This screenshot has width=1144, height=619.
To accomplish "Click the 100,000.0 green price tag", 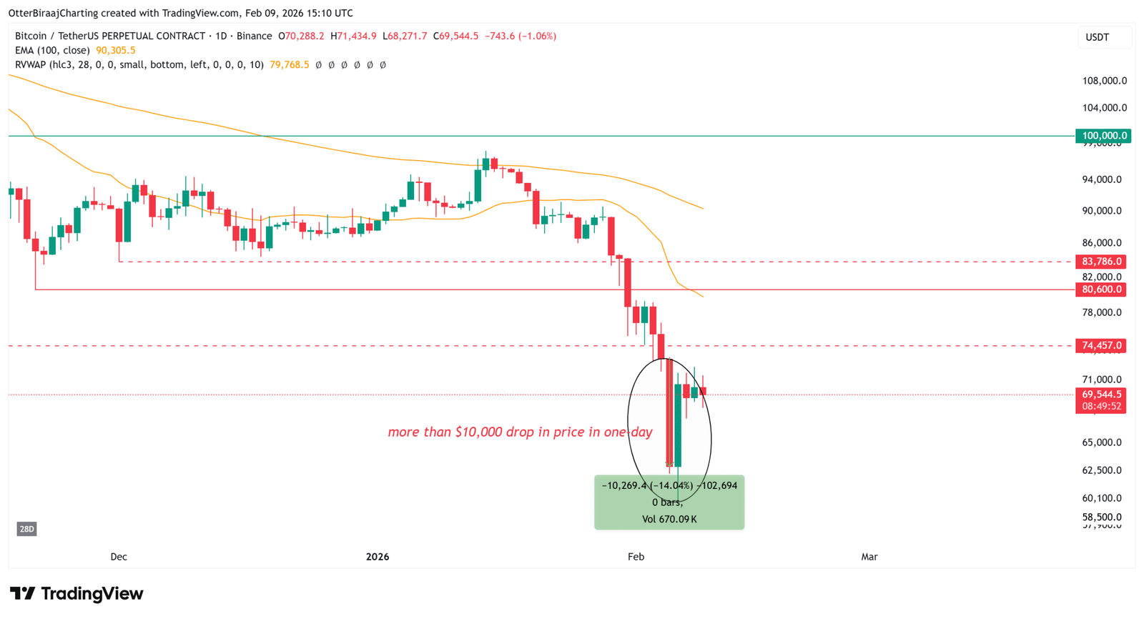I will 1103,136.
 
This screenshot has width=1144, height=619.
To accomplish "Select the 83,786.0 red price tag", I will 1102,262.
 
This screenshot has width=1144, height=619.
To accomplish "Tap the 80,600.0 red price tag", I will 1102,289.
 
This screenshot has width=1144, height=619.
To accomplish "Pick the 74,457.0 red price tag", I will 1102,346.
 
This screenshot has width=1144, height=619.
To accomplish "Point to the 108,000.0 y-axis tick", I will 1104,81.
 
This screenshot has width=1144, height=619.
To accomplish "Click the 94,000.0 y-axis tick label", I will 1102,179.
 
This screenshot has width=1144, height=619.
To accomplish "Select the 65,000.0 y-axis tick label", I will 1102,442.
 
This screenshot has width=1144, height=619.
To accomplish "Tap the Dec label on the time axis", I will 119,557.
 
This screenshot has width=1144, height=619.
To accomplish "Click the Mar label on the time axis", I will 869,557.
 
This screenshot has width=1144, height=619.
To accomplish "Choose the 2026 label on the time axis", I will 377,557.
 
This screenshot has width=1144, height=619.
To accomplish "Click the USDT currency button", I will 1097,37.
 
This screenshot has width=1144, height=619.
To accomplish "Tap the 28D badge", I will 26,529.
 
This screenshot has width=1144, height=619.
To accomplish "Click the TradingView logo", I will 77,594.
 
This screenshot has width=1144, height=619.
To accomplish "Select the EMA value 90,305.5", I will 116,51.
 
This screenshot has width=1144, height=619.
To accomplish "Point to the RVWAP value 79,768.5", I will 290,65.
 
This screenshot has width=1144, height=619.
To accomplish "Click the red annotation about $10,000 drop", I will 520,432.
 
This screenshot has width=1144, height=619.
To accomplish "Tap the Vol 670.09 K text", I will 669,520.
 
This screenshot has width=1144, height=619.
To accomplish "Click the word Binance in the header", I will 254,36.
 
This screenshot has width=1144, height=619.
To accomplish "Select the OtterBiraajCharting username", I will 53,13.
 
